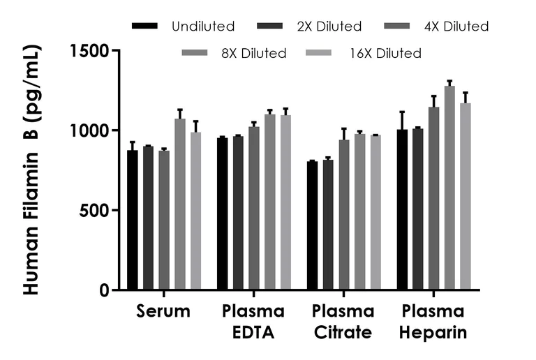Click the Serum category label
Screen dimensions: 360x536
(x=163, y=311)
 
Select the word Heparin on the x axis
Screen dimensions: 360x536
(x=433, y=333)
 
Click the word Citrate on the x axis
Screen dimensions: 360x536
(x=343, y=333)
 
